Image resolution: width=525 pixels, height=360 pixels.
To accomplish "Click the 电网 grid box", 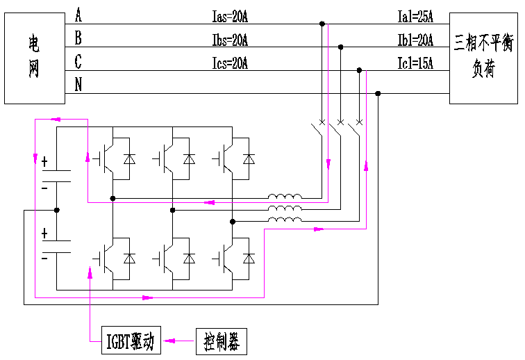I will click(x=34, y=59).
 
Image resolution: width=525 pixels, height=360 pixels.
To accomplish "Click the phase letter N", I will click(x=78, y=85).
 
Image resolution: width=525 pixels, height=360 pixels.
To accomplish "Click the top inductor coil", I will click(x=285, y=196).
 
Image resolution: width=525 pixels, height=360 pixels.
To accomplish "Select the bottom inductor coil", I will click(x=285, y=220).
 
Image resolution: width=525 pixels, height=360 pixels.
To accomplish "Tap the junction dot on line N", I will click(x=378, y=94).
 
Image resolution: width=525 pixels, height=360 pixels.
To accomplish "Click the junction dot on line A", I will click(x=322, y=24).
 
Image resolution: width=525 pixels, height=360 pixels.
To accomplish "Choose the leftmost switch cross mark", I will click(x=321, y=123).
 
